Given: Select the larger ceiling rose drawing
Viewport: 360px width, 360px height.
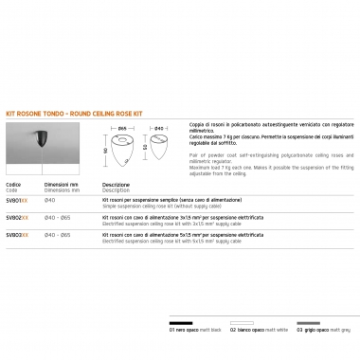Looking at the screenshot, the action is [122, 153].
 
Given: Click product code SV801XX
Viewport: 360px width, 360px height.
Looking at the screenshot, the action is [17, 201].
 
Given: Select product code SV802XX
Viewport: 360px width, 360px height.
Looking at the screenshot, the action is [17, 217].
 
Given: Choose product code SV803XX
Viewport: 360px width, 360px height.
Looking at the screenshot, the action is [17, 233].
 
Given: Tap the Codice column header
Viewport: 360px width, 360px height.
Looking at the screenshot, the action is [13, 185].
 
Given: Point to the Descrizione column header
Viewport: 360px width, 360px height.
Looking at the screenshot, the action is [116, 185].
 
